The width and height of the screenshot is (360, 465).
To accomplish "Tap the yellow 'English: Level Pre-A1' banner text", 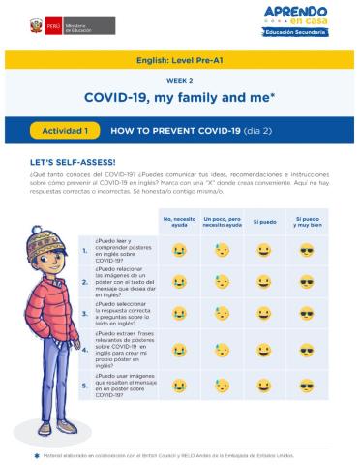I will click(180, 59).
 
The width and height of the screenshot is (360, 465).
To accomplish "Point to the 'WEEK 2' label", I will click(180, 81).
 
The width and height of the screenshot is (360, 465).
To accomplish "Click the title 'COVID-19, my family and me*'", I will click(180, 98).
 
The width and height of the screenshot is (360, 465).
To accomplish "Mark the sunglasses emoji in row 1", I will click(307, 250).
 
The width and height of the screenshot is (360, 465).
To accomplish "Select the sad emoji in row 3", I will click(180, 314).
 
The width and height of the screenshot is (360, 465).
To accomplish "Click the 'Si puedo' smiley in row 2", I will click(264, 282).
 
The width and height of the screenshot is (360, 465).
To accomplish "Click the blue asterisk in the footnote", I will click(36, 454).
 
